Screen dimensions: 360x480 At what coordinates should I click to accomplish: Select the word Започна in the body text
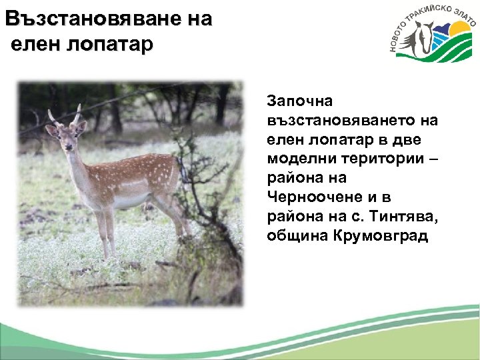(295, 101)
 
